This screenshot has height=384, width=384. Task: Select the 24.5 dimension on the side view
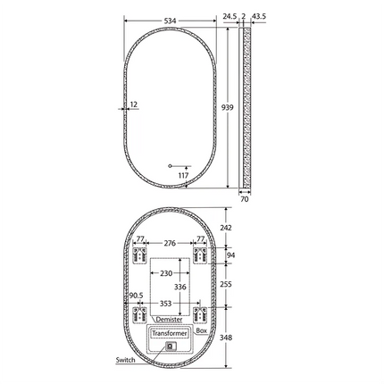click(230, 16)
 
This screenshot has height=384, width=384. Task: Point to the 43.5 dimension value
click(261, 16)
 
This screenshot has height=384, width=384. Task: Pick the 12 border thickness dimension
click(134, 104)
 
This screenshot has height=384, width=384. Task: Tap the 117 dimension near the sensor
click(183, 175)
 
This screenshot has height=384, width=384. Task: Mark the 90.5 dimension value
click(136, 295)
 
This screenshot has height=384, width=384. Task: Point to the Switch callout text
click(126, 360)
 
